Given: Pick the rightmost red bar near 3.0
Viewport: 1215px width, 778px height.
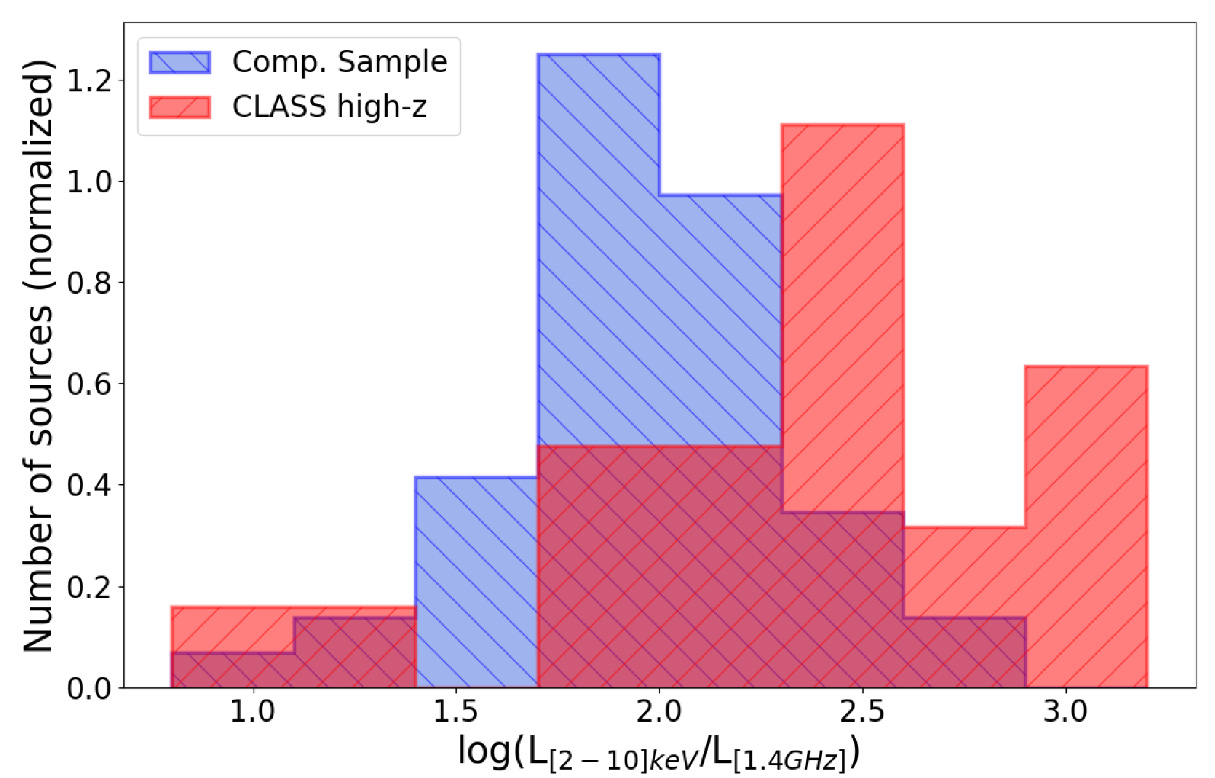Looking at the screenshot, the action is click(1087, 527).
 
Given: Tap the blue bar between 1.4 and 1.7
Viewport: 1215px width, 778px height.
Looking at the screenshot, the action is click(477, 582).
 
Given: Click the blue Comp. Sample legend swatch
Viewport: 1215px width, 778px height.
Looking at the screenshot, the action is click(180, 62).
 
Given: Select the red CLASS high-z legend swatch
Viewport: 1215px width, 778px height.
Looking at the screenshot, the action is click(180, 107).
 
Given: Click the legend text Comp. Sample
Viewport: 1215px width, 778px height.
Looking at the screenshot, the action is click(340, 62).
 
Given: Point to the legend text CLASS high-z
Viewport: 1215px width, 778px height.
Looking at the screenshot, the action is click(329, 107).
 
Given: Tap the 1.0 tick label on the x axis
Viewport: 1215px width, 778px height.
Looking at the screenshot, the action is click(253, 712).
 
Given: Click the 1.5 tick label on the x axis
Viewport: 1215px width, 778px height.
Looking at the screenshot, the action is click(456, 712).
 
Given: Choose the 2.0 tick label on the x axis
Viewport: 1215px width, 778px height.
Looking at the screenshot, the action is click(659, 712).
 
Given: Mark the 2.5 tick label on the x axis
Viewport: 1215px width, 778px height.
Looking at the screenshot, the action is click(862, 712).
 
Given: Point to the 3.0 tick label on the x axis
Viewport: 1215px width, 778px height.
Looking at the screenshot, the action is click(1065, 712).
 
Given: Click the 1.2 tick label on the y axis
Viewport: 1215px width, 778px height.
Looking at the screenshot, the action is click(89, 80).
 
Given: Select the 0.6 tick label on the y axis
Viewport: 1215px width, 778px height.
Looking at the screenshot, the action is click(89, 384).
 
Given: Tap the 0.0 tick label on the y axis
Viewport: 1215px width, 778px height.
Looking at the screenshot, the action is click(89, 688).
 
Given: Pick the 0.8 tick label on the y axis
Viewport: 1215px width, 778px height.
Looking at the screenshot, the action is click(89, 283).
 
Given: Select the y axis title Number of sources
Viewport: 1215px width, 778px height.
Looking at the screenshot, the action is click(38, 356).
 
